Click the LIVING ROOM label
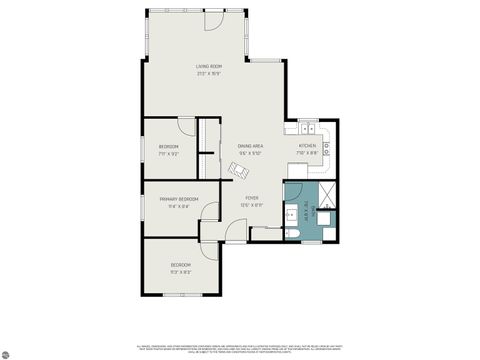coord(208,68)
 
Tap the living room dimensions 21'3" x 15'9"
coord(208,74)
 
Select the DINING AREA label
coord(250,148)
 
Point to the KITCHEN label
coord(307,147)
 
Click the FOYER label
coord(252,198)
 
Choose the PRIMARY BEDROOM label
coord(179,199)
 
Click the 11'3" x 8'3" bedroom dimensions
coord(180,271)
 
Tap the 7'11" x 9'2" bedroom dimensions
coord(168,154)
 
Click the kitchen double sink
coord(309,129)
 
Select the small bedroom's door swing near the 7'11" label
coord(187,125)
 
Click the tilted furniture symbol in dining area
coord(238,171)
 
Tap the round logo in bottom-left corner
coord(7,352)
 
